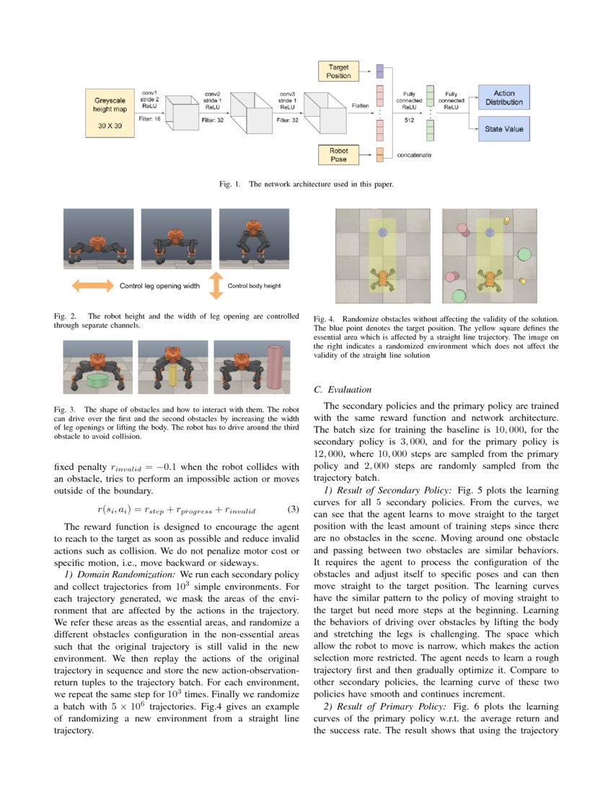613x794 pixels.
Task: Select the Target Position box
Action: pyautogui.click(x=339, y=71)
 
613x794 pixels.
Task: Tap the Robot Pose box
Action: pyautogui.click(x=339, y=154)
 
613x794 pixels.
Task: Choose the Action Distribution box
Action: pyautogui.click(x=504, y=97)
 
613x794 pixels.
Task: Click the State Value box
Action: pyautogui.click(x=504, y=130)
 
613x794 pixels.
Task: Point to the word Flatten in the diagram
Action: pyautogui.click(x=361, y=106)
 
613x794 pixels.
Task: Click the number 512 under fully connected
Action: pyautogui.click(x=408, y=121)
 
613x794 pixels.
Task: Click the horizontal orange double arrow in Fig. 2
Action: pyautogui.click(x=94, y=286)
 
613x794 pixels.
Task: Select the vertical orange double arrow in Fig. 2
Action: pyautogui.click(x=214, y=286)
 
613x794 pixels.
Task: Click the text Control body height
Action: pyautogui.click(x=254, y=286)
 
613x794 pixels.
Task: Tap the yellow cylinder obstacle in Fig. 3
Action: pyautogui.click(x=173, y=375)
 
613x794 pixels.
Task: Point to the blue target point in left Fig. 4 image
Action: pyautogui.click(x=382, y=232)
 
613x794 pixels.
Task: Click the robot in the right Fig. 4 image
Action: pyautogui.click(x=490, y=278)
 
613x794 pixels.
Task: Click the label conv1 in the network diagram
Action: pyautogui.click(x=149, y=92)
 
